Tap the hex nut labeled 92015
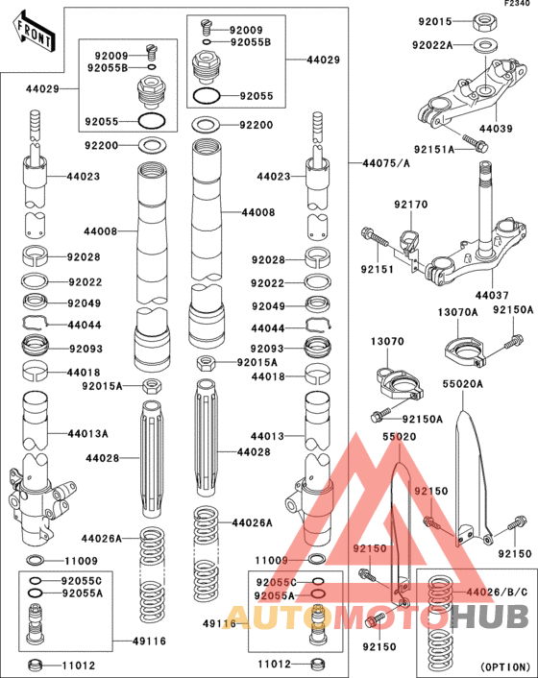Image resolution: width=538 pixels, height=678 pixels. click(483, 20)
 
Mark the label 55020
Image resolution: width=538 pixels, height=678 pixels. click(400, 436)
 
